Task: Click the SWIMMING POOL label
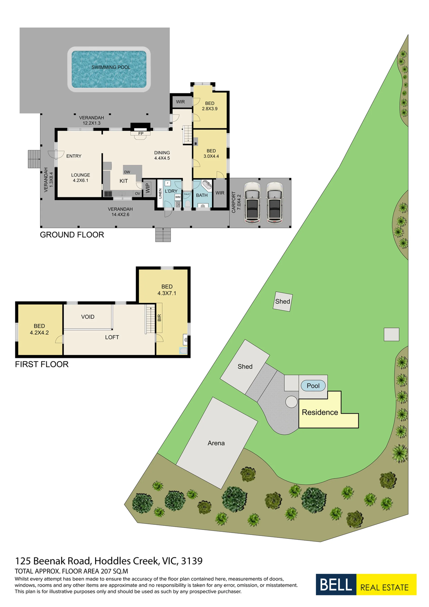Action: (x=111, y=67)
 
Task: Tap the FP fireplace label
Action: (x=141, y=134)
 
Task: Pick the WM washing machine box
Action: (x=178, y=197)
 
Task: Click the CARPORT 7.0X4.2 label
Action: (x=236, y=202)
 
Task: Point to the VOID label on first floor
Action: (x=88, y=317)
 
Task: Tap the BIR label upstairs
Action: (x=159, y=318)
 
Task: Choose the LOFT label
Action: (x=112, y=337)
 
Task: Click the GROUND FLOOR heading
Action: (x=72, y=235)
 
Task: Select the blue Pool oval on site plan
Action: (x=313, y=386)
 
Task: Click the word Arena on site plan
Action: (x=216, y=443)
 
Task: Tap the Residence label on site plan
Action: (x=320, y=412)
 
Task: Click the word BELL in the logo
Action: (x=336, y=584)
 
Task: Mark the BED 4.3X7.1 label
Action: (x=167, y=290)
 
